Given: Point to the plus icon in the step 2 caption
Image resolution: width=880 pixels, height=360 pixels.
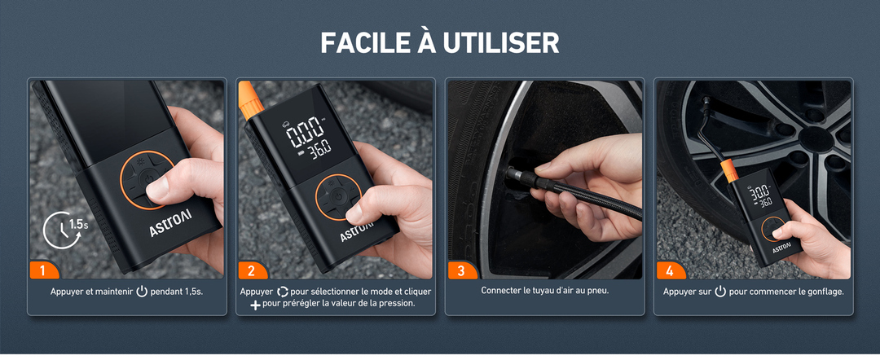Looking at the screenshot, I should tap(255, 304).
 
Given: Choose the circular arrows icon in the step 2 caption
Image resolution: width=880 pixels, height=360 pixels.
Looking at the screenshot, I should tap(283, 292).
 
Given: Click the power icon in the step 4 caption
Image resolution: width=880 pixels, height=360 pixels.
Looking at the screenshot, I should tap(719, 292).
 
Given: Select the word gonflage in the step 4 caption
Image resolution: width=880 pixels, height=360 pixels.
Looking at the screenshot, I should tap(821, 292).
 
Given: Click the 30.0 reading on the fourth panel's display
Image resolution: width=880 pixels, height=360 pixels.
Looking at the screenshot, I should tap(760, 192).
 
